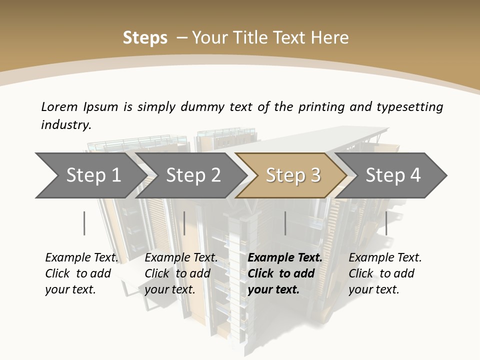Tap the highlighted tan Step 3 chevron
292,175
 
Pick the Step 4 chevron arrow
392,175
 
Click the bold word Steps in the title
145,38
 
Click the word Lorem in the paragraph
59,106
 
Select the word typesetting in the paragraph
409,106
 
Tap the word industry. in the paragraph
66,125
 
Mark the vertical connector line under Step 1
84,223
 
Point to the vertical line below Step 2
184,223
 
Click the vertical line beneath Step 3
285,223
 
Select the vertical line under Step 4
386,223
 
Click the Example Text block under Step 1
81,273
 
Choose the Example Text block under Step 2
181,273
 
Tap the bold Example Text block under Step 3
285,273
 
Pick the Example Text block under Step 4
385,273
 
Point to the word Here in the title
331,38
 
